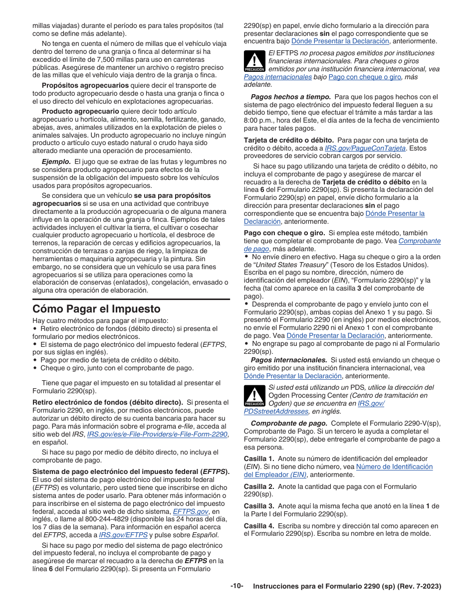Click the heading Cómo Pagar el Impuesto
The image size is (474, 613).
96,308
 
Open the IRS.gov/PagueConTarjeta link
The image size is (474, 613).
365,148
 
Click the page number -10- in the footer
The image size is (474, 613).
237,586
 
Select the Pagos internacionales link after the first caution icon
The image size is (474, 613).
278,77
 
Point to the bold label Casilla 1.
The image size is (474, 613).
258,459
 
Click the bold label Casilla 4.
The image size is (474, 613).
258,525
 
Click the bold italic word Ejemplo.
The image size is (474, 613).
56,161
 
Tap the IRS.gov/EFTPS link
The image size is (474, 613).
123,535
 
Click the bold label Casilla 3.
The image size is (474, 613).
258,506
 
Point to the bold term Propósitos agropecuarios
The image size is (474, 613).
85,85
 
